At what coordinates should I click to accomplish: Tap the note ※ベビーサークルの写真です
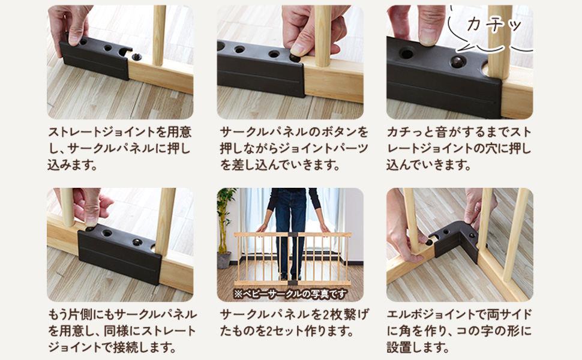(290, 294)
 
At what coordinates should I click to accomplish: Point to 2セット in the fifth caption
(317, 331)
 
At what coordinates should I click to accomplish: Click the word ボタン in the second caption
(340, 132)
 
